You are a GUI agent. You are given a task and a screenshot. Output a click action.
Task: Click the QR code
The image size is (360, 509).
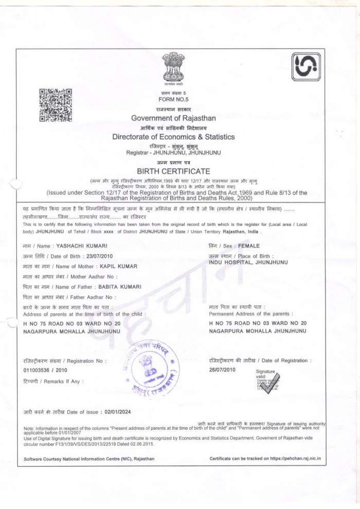pos(56,105)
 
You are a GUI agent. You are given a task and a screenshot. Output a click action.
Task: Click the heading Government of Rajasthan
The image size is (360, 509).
pos(173,118)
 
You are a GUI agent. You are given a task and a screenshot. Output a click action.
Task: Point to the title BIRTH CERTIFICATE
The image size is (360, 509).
pos(173,171)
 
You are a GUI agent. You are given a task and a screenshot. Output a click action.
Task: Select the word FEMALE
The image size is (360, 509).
pos(249,246)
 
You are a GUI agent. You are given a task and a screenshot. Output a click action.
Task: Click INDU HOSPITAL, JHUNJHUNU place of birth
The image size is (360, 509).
pos(248,262)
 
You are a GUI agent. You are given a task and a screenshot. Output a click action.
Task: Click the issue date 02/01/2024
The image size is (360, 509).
pos(117,412)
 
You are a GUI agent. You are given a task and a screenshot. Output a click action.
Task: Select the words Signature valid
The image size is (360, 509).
pos(265,374)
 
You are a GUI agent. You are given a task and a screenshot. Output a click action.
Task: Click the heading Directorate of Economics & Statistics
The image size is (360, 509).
pos(173,137)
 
